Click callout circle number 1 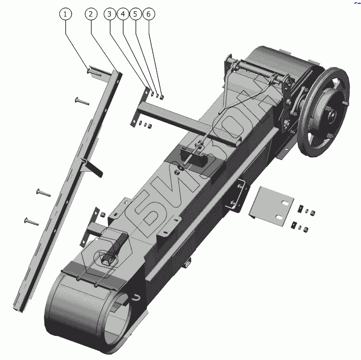click(x=65, y=14)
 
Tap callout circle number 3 click(x=110, y=14)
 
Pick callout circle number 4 click(x=122, y=14)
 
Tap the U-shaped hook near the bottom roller click(x=137, y=297)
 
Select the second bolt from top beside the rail click(x=81, y=99)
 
